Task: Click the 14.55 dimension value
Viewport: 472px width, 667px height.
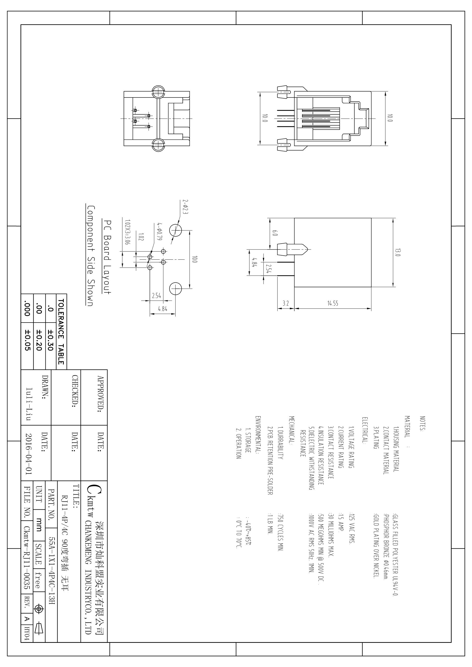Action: coord(333,303)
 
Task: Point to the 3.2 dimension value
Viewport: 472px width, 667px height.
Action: coord(286,303)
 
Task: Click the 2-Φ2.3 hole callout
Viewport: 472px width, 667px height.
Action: coord(185,207)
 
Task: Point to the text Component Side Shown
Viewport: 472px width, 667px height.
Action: coord(90,256)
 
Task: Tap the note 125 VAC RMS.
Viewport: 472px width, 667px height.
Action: coord(351,529)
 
